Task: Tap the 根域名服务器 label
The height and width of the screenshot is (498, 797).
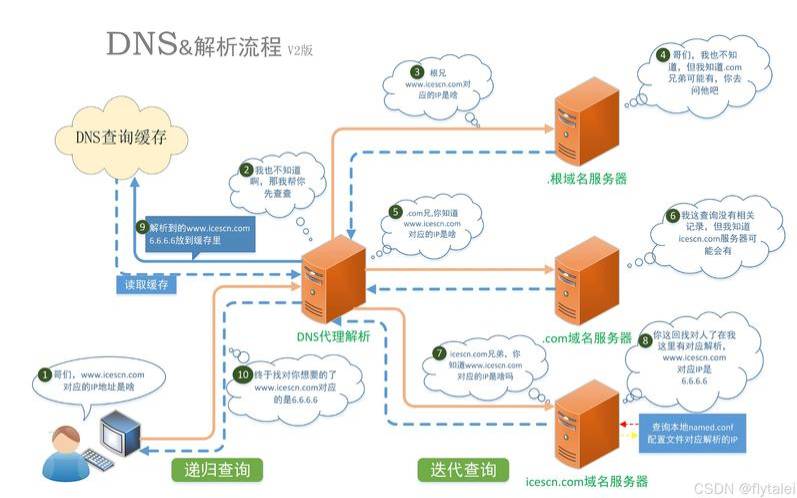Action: click(x=587, y=180)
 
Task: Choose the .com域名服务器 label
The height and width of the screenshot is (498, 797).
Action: click(x=587, y=339)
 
